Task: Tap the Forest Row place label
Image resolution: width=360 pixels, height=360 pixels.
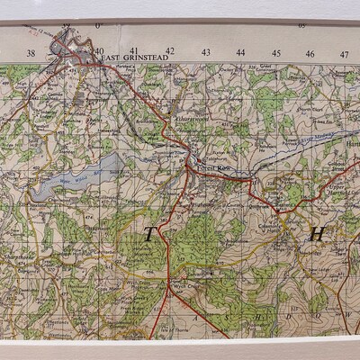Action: click(204, 165)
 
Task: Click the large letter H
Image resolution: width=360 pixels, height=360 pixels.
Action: click(316, 235)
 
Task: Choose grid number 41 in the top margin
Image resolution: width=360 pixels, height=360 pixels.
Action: click(134, 51)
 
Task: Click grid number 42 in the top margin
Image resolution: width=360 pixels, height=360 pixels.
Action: click(169, 51)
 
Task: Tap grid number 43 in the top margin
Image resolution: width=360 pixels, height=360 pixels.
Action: click(205, 52)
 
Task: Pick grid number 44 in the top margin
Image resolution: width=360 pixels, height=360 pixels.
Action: click(240, 52)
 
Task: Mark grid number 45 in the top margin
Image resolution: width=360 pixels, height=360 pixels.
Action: click(275, 52)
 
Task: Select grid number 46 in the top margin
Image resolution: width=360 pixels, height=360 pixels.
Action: click(310, 52)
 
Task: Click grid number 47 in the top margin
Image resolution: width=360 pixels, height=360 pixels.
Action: click(345, 52)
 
